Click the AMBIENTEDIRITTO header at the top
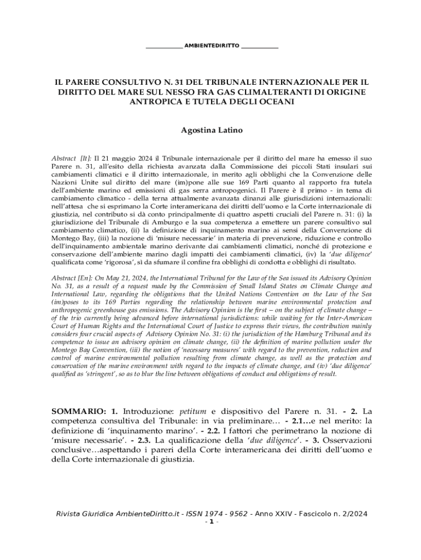coord(212,45)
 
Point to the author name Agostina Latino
coord(212,131)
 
